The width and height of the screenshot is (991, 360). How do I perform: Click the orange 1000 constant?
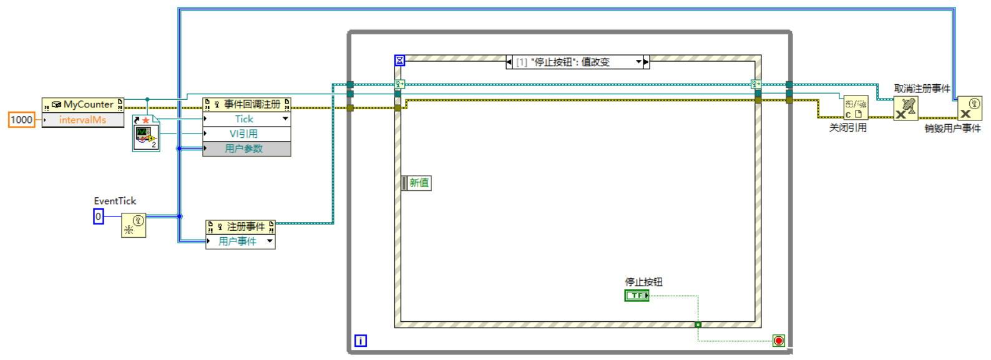(x=21, y=120)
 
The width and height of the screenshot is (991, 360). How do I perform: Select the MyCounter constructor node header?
(x=83, y=104)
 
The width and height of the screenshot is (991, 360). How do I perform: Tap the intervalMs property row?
(x=83, y=120)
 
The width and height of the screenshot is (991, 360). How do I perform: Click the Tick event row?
(x=244, y=119)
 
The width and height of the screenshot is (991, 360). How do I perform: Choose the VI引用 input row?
(x=244, y=134)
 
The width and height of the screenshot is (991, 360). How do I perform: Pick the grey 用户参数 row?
(x=244, y=148)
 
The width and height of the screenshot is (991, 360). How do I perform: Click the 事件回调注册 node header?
(x=247, y=104)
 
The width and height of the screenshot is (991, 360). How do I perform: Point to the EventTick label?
(x=115, y=201)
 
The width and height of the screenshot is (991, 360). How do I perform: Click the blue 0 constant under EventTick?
(x=98, y=216)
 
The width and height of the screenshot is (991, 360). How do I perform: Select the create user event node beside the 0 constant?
(x=134, y=225)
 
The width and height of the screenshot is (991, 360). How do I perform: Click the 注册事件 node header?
(x=240, y=226)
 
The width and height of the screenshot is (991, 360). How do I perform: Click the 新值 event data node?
(x=417, y=183)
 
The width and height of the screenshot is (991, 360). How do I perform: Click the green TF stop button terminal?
(x=637, y=295)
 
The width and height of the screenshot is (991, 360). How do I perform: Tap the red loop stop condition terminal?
(x=778, y=341)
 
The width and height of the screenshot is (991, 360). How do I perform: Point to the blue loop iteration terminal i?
(x=361, y=341)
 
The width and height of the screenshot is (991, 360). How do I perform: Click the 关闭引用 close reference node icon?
(x=856, y=108)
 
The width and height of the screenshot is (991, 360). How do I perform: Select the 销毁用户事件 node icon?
(x=970, y=109)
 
